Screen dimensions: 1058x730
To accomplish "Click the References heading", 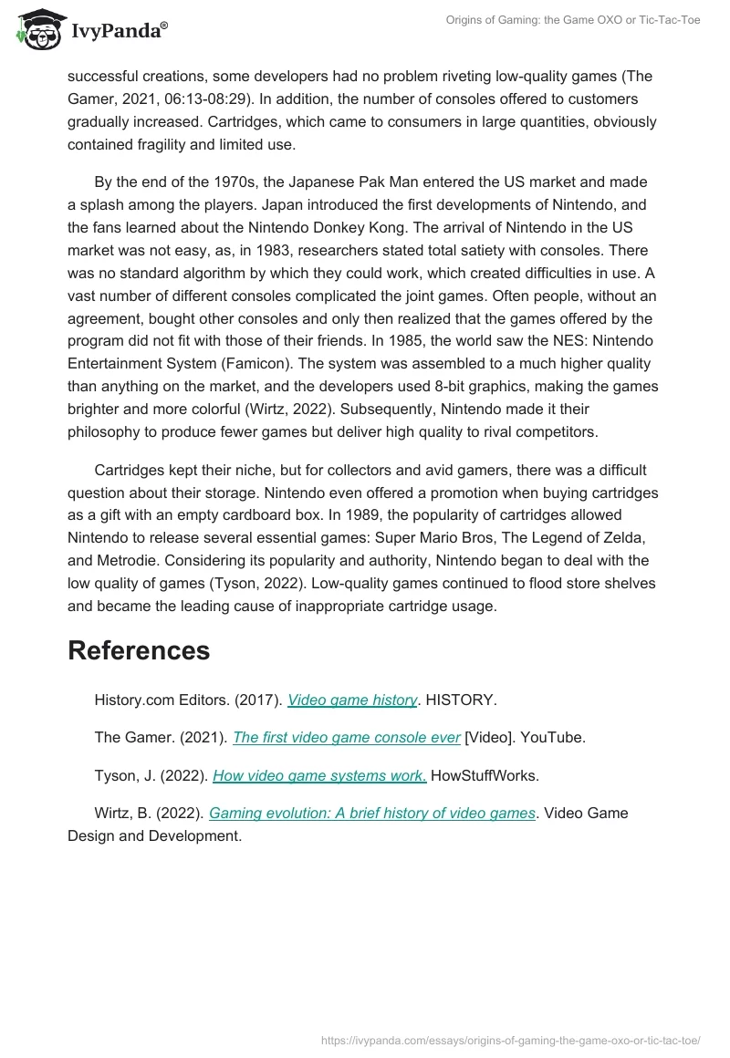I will click(139, 650).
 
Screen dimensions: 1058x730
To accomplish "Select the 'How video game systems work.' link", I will click(319, 775).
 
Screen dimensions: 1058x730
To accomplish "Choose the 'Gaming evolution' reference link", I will click(371, 813).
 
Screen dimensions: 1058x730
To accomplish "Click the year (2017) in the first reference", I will click(257, 700).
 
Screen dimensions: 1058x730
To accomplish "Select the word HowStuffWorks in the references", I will click(485, 775).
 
